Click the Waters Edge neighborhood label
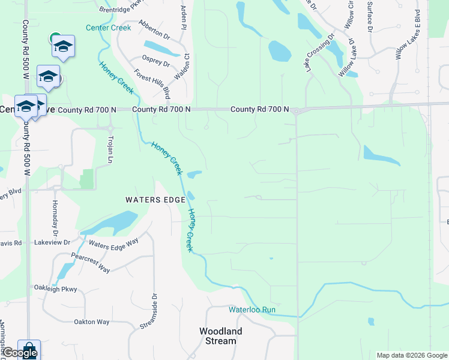[155, 200]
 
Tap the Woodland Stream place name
[221, 336]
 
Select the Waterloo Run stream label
[252, 310]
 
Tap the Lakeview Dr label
[52, 242]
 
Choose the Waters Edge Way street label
[113, 242]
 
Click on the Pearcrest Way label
[91, 263]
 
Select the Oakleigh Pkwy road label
[56, 289]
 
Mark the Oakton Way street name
[91, 322]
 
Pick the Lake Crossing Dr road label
[319, 53]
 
